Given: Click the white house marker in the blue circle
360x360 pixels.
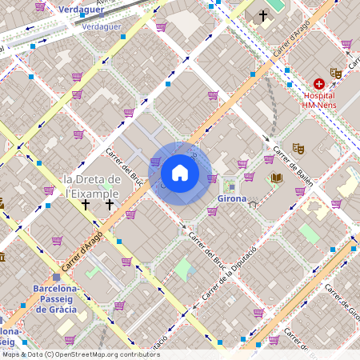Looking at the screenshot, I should [180, 173].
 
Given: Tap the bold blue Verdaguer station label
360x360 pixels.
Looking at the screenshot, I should [82, 9].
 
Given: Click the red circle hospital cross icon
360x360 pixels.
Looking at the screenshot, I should [319, 83].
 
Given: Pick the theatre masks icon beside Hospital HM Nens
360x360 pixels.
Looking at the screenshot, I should [336, 73].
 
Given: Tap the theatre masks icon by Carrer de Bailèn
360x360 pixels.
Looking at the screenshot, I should [298, 148].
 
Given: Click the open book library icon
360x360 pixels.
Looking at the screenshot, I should [277, 178].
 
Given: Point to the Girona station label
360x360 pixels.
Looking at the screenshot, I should [231, 198].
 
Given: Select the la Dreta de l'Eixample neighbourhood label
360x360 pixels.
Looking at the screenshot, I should [92, 186].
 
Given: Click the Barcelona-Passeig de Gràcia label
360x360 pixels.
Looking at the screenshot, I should [55, 298].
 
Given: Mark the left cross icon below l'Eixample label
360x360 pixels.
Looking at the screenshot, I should [86, 205].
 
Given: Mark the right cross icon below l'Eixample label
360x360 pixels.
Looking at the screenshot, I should [110, 205].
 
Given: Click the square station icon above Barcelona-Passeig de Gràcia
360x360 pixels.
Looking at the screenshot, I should [56, 277].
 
